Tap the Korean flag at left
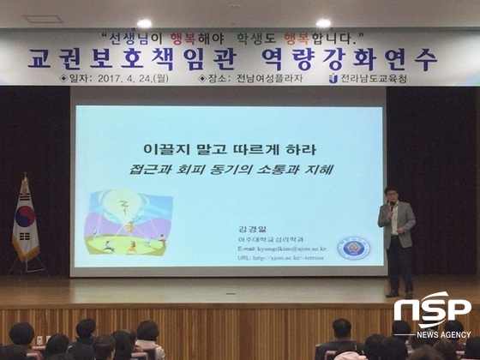[x=25, y=221]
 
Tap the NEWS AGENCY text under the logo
[x=442, y=333]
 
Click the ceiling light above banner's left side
[x=144, y=23]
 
